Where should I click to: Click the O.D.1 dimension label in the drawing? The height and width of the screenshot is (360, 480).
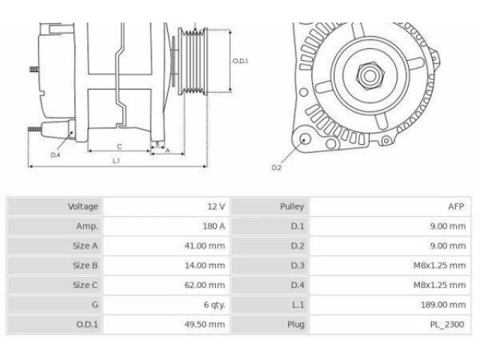coord(240,61)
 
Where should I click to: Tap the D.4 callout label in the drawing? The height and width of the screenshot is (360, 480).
coord(55,154)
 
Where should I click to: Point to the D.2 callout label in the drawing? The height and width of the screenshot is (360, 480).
coord(276,167)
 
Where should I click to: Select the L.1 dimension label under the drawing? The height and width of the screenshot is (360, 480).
coord(117,160)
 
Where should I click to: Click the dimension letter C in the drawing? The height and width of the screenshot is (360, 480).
coord(119,146)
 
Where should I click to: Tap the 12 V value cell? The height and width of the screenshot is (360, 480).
coord(215,206)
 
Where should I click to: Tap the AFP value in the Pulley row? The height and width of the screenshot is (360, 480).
coord(456,206)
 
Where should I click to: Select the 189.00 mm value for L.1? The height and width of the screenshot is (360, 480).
coord(443,304)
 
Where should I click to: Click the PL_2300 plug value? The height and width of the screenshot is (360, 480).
coord(448,325)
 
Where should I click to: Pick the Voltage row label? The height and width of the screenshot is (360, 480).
coord(83,206)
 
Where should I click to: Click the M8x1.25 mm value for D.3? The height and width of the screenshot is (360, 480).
coord(440,265)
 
